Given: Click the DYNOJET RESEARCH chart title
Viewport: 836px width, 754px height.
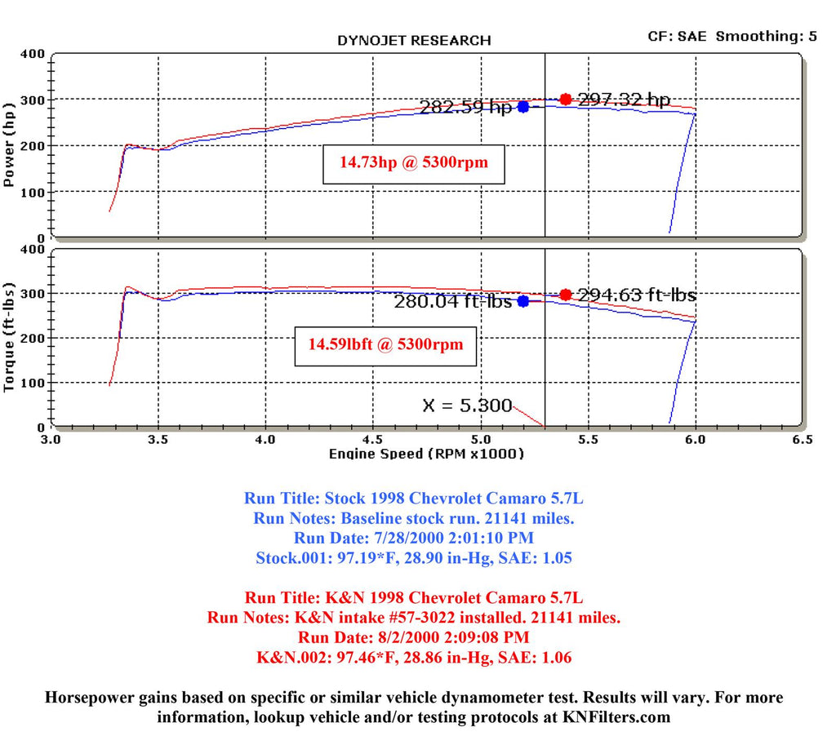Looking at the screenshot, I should point(414,40).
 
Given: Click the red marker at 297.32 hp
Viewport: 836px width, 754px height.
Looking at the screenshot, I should point(566,100).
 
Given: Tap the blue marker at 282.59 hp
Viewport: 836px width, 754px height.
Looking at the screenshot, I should point(523,107).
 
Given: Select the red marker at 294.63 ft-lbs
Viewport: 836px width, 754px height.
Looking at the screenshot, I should point(566,295).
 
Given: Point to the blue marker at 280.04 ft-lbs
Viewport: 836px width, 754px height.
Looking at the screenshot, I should point(523,301).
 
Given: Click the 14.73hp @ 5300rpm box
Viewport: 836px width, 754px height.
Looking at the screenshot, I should point(414,162).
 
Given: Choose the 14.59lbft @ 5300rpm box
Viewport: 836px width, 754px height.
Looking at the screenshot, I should point(386,344).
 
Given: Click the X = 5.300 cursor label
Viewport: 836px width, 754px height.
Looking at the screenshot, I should point(467,406).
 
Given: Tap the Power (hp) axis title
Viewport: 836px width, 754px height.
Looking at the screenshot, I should point(10,144).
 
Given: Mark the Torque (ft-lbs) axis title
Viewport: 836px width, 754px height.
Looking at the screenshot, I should point(10,337).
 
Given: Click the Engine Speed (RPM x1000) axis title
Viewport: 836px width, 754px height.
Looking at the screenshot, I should point(426,455).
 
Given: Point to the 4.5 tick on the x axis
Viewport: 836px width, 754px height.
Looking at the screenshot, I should point(373,440).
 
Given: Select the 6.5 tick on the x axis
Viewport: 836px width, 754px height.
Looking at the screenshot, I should point(803,440).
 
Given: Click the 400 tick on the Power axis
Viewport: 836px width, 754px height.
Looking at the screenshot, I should point(32,55).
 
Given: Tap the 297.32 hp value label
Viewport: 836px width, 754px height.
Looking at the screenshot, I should point(625,100).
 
